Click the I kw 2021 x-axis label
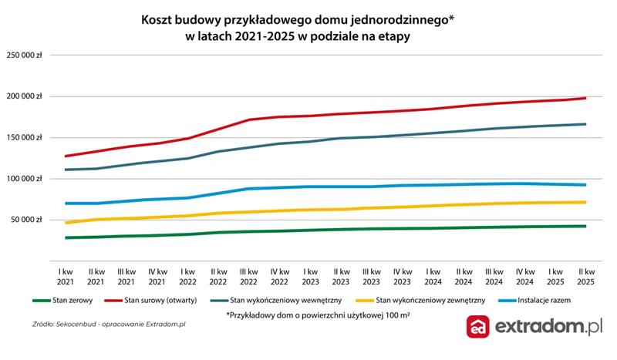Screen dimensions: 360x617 (67, 277)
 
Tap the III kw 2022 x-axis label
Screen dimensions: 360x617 (248, 277)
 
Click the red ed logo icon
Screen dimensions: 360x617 (480, 327)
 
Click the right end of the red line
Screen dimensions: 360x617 (585, 98)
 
